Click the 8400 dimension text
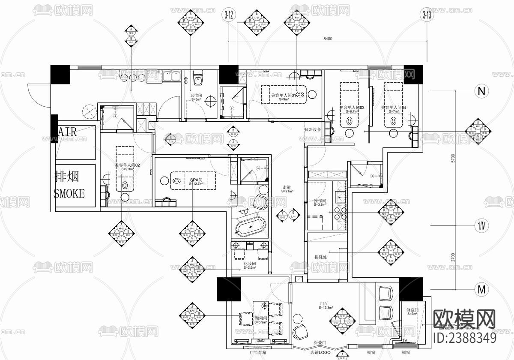tap(328, 39)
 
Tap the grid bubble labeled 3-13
tap(427, 15)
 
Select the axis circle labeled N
tap(482, 91)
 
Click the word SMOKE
tap(69, 193)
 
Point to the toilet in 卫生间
tap(198, 81)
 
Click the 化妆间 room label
tap(250, 264)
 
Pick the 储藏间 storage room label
tap(412, 310)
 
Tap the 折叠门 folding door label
tap(320, 343)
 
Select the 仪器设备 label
tap(313, 129)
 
